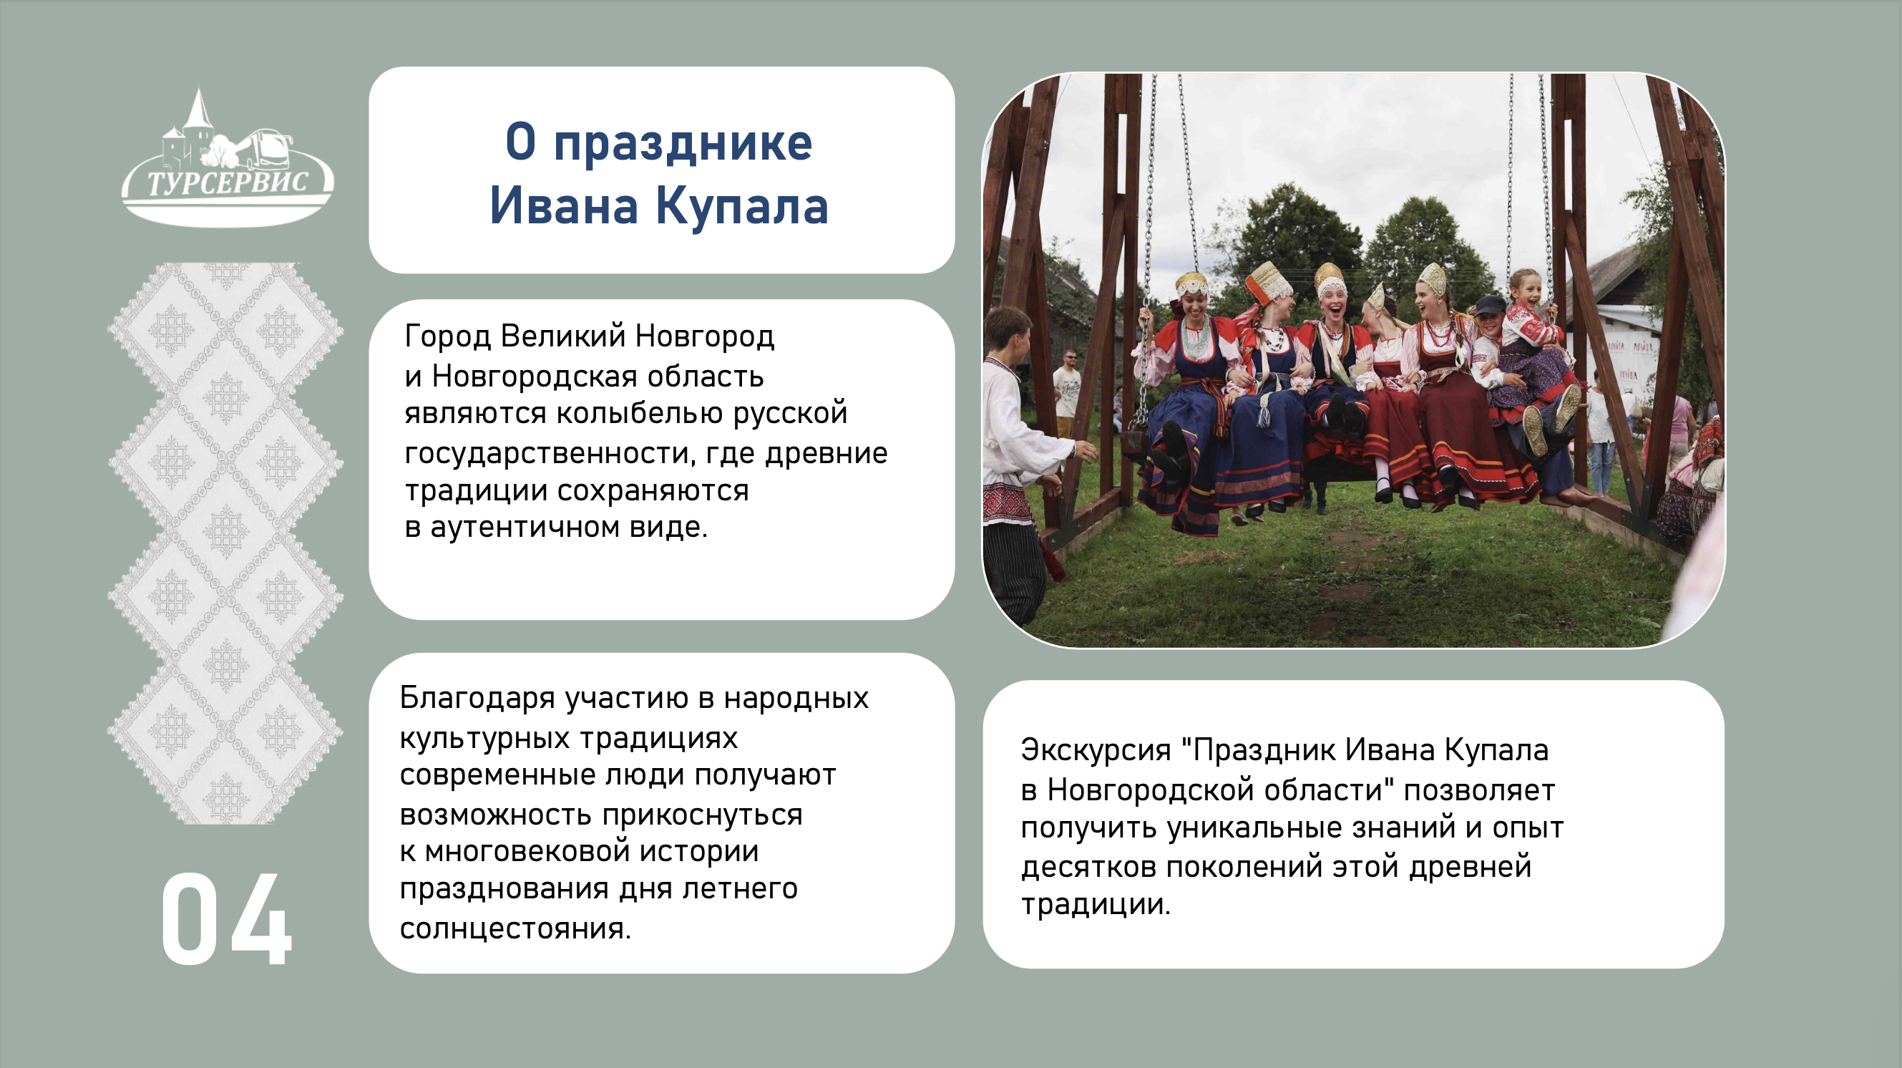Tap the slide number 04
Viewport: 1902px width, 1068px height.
pyautogui.click(x=227, y=918)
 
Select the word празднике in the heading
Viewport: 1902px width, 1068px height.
pyautogui.click(x=683, y=142)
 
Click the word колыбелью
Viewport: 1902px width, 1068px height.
pyautogui.click(x=640, y=414)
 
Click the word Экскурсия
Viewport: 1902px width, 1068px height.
pyautogui.click(x=1096, y=751)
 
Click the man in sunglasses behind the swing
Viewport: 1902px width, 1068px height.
pyautogui.click(x=1066, y=392)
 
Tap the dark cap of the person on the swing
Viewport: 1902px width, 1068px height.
pyautogui.click(x=1490, y=304)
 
